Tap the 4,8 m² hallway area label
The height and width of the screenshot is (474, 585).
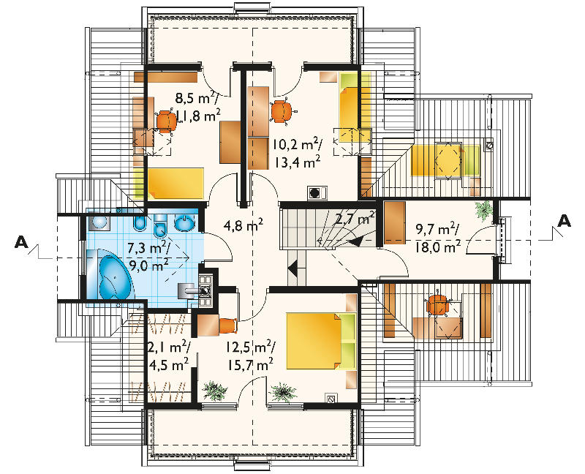point(244,225)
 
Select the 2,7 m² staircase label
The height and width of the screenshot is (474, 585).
point(355,218)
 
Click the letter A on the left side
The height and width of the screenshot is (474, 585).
point(21,242)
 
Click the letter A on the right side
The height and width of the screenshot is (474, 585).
point(564,221)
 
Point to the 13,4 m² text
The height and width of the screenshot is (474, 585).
point(298,162)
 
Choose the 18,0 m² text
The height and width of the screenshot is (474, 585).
point(437,247)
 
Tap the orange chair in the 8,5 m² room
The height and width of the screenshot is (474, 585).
point(166,120)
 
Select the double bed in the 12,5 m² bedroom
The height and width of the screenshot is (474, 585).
point(320,341)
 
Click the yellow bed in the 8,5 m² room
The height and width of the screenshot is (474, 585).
point(175,184)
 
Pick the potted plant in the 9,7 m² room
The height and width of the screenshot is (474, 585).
point(484,209)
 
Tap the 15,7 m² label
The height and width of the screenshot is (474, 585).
point(250,364)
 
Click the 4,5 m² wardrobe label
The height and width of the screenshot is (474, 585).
point(168,364)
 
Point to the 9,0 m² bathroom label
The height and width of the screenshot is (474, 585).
point(148,263)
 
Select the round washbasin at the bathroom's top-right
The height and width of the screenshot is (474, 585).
point(184,223)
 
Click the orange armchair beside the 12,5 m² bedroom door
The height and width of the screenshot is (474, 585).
point(228,326)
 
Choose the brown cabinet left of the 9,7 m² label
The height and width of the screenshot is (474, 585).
point(395,223)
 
